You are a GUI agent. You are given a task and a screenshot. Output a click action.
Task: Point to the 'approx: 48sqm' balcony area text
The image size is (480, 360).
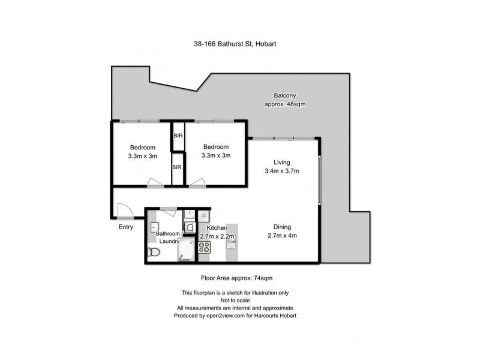pos(286,104)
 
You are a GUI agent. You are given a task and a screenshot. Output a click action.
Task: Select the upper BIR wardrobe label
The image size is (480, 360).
pos(178,136)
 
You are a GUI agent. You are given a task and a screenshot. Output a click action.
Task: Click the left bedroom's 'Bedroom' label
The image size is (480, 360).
pos(143,148)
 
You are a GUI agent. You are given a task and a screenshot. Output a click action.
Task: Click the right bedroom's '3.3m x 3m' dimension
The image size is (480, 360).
pos(216,155)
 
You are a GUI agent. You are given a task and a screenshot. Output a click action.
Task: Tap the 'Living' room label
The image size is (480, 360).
pos(282,163)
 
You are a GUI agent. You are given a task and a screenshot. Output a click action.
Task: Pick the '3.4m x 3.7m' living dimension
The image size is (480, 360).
pos(282,171)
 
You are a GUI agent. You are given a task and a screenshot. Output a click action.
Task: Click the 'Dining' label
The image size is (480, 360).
pos(282,227)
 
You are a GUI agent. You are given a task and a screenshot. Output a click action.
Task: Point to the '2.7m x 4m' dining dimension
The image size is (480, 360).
pos(282,235)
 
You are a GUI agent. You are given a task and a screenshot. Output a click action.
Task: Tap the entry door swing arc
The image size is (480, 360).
pos(125,209)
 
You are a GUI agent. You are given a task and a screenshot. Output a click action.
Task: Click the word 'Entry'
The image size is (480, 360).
pos(126,227)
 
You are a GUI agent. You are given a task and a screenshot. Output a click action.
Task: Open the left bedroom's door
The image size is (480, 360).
pos(155,182)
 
